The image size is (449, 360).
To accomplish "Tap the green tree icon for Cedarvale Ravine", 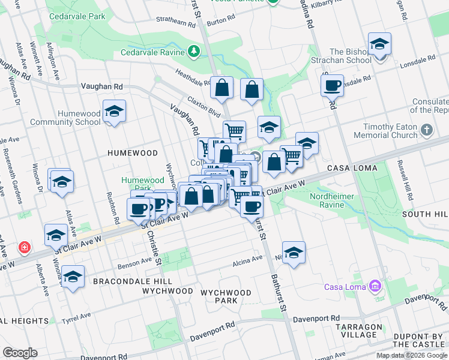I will (x=194, y=51).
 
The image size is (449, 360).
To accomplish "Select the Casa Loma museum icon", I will (x=376, y=286).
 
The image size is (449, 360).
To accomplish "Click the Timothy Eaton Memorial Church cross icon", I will (x=427, y=130).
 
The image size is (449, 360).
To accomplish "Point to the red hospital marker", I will (x=24, y=247).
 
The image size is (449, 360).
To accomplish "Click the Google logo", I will (x=20, y=353).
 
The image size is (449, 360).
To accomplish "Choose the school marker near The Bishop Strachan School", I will (x=379, y=46).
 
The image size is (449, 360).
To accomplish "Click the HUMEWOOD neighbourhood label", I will (x=132, y=153).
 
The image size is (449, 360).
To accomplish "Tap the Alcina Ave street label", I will (x=248, y=259).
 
